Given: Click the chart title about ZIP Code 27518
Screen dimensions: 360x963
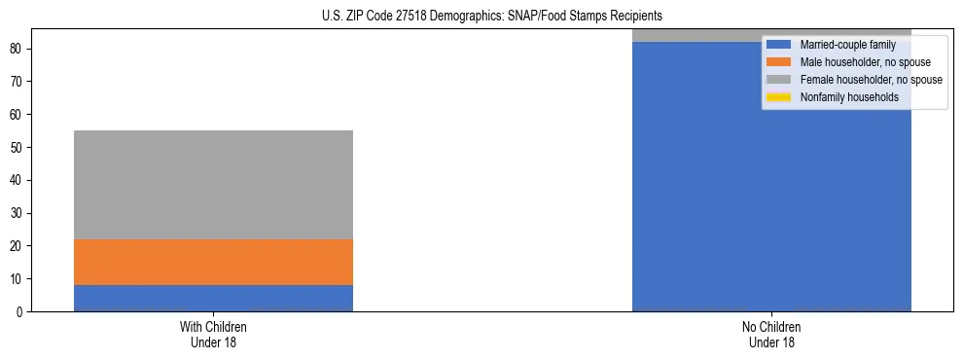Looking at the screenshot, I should [x=491, y=17].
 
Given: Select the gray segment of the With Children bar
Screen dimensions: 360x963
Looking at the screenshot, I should [x=213, y=185].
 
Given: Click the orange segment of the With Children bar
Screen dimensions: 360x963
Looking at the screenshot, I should [x=213, y=262].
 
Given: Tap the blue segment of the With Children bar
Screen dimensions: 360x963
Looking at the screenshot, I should [x=213, y=298].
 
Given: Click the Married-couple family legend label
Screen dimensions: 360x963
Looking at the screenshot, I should [x=840, y=45].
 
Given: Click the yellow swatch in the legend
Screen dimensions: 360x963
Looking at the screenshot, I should [x=779, y=97].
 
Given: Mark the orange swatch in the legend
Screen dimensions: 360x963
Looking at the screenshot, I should [x=779, y=62].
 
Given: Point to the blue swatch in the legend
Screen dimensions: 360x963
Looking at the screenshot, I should [x=779, y=45].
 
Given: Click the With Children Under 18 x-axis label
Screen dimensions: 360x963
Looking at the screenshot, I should [x=213, y=335].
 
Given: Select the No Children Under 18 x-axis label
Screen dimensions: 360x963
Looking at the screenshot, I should [x=771, y=335].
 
